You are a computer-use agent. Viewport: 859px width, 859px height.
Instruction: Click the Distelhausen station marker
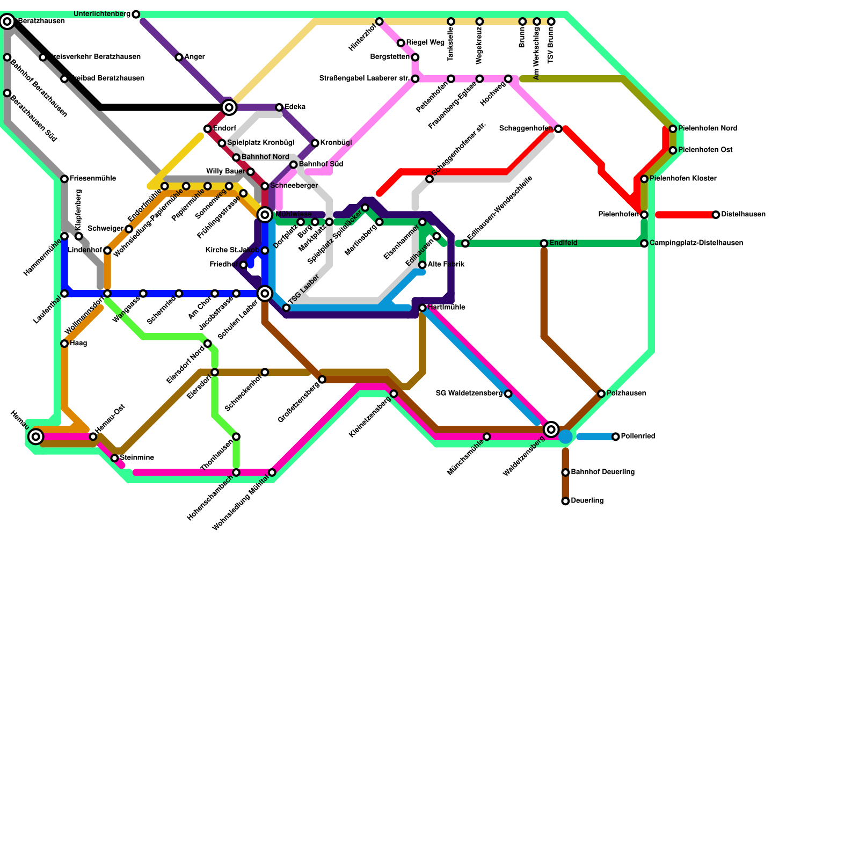click(716, 215)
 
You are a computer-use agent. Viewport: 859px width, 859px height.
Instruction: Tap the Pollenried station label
click(638, 436)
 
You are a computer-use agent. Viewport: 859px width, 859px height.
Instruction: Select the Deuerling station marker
click(565, 501)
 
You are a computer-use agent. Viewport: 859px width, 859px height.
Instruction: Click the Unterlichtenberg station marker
click(136, 14)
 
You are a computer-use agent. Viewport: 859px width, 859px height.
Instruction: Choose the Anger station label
click(194, 57)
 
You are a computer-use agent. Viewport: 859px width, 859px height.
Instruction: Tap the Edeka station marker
click(279, 107)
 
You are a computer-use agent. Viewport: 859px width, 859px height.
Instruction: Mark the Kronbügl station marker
click(315, 143)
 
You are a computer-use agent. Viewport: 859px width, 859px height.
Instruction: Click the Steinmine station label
click(137, 458)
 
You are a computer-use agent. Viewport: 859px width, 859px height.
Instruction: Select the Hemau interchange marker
click(36, 436)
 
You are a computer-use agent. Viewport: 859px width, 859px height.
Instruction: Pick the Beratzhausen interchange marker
click(7, 21)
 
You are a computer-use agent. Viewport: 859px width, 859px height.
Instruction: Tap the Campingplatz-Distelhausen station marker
click(644, 244)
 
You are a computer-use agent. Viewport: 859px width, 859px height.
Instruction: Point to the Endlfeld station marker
click(544, 244)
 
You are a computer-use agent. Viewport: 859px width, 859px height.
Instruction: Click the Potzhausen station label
click(626, 394)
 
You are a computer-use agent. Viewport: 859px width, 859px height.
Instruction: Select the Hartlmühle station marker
click(423, 308)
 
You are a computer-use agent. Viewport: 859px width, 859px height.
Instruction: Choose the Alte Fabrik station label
click(446, 265)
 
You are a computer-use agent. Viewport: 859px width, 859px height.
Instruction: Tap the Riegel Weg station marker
click(401, 43)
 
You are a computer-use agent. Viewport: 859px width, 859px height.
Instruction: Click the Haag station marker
click(64, 344)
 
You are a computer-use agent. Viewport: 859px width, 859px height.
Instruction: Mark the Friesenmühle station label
click(92, 179)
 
